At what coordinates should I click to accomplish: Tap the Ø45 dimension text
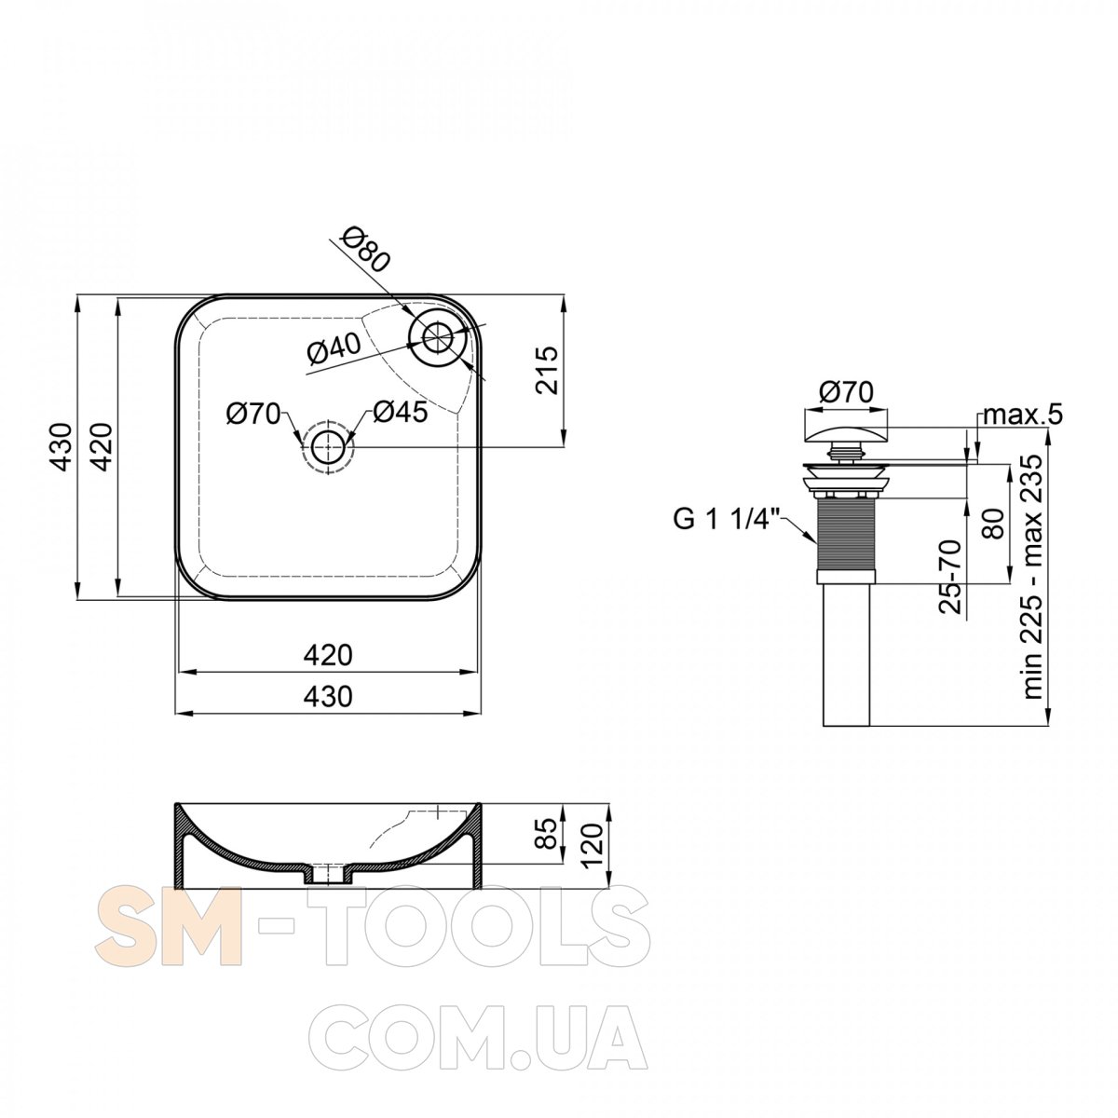click(401, 412)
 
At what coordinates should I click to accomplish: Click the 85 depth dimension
click(548, 833)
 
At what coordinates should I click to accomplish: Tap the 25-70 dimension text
click(949, 577)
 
